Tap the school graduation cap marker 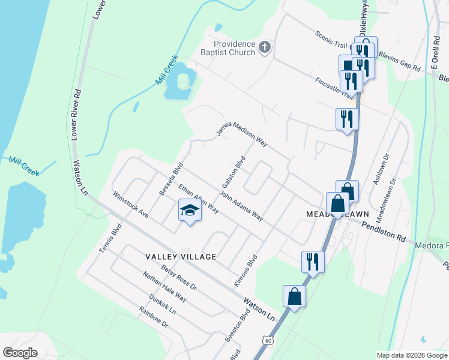(189, 211)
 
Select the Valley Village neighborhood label (181, 256)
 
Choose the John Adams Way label (241, 206)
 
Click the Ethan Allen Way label (198, 199)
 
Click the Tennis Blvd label (111, 238)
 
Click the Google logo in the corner (20, 352)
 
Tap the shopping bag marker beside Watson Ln (294, 296)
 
